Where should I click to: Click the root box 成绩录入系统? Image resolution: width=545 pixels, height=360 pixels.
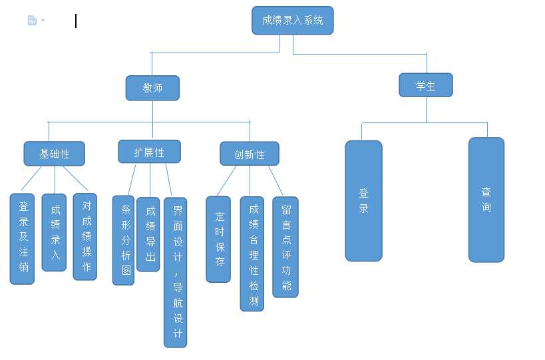coord(292,21)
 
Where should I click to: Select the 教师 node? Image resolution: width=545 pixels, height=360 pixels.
coord(152,88)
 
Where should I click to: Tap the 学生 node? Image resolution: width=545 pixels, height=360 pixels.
coord(426,85)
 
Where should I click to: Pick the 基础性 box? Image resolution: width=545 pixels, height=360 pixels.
coord(55,154)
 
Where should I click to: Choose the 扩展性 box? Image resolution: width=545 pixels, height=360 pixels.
coord(149,152)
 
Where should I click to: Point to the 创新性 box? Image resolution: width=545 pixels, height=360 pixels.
coord(250,154)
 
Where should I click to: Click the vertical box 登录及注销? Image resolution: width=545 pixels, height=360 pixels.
coord(23,239)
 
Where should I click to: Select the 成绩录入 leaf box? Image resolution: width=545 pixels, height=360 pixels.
coord(55,232)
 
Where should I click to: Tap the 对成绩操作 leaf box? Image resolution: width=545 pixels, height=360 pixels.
coord(85,236)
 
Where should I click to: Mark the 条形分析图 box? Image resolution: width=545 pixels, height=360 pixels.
coord(124,240)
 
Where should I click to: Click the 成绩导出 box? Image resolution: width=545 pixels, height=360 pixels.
coord(148,234)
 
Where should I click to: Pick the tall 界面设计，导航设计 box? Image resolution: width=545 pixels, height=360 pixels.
coord(176,272)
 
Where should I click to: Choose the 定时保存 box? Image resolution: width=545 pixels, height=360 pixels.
coord(218,239)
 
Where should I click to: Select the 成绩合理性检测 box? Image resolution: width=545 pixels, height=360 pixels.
coord(252,254)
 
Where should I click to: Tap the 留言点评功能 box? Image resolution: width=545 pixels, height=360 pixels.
coord(285,247)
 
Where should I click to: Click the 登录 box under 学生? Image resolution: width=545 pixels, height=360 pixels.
coord(363,200)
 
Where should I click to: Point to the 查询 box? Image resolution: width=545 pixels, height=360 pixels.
coord(486,200)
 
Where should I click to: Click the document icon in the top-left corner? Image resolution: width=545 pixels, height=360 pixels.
coord(32,21)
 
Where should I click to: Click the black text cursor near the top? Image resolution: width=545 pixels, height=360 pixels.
coord(76,21)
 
